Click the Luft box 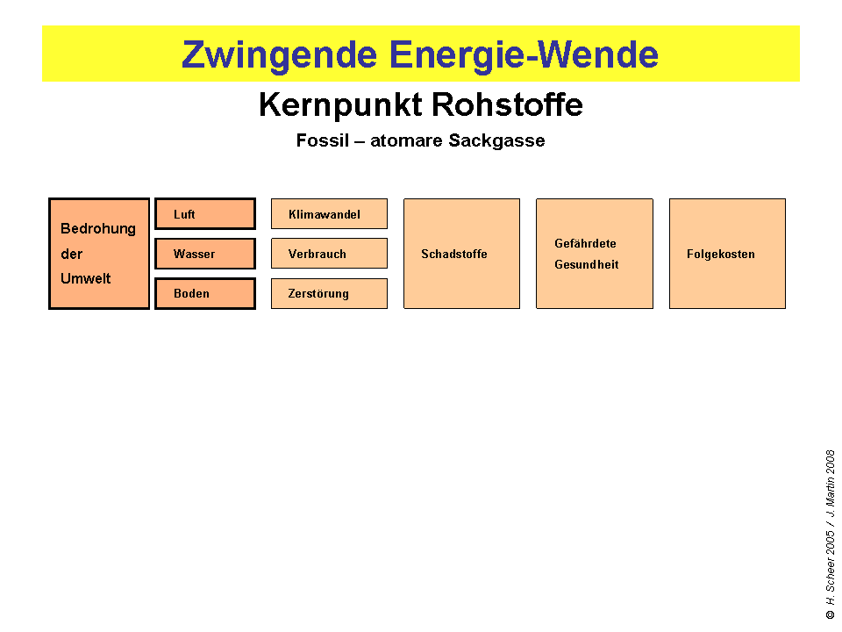pos(205,214)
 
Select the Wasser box pos(205,254)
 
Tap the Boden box pos(205,293)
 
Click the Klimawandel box pos(329,214)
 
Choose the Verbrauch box pos(329,254)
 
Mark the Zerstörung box pos(329,293)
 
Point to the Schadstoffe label pos(454,254)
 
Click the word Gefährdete pos(585,243)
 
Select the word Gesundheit pos(586,264)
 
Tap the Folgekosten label pos(721,254)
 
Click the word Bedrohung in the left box pos(98,228)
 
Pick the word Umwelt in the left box pos(86,278)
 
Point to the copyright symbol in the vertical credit pos(830,615)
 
